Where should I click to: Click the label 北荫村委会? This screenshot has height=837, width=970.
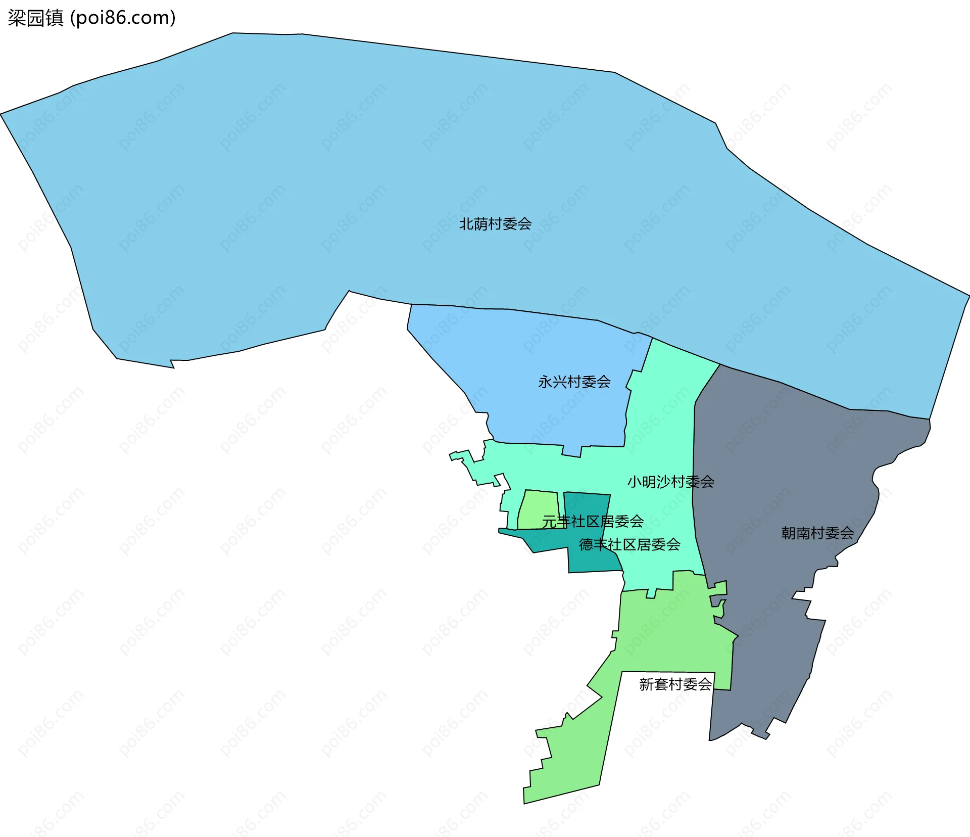(495, 224)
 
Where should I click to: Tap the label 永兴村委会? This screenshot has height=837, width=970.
(574, 382)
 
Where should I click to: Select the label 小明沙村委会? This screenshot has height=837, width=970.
(670, 482)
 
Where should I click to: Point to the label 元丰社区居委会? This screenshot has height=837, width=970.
(593, 521)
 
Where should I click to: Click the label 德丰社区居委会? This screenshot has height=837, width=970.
(629, 544)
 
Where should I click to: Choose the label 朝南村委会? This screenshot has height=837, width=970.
(817, 533)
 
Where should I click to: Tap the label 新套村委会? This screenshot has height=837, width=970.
(675, 684)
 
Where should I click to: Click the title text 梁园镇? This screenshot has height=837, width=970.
(35, 18)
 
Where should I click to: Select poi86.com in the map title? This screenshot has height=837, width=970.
(123, 18)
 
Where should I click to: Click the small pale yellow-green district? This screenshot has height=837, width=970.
(537, 505)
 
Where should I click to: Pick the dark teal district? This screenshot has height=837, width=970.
(586, 556)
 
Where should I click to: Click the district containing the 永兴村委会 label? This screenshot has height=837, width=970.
(530, 354)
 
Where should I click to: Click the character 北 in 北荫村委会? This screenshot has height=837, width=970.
(466, 224)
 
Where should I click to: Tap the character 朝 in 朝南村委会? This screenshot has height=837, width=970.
(789, 533)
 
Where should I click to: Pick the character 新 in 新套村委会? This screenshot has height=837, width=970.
(647, 684)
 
